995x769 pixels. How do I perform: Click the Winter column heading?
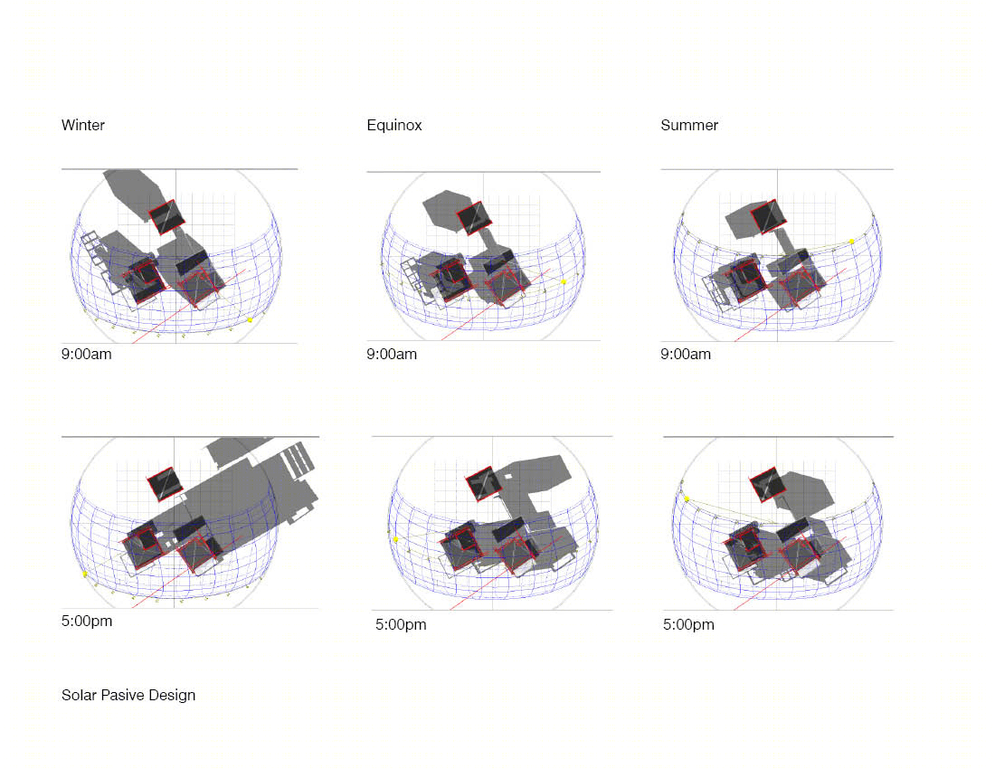[83, 125]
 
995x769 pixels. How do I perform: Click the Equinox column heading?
[394, 125]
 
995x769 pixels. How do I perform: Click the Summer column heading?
[689, 125]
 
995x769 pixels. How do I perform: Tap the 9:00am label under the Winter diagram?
[86, 354]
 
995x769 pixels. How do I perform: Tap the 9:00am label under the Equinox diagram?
[392, 354]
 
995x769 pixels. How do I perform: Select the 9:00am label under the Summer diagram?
[686, 354]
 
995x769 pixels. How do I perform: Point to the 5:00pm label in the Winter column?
[87, 622]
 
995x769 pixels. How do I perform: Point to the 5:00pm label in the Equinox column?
[401, 624]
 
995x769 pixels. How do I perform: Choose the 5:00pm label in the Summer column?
[688, 624]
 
